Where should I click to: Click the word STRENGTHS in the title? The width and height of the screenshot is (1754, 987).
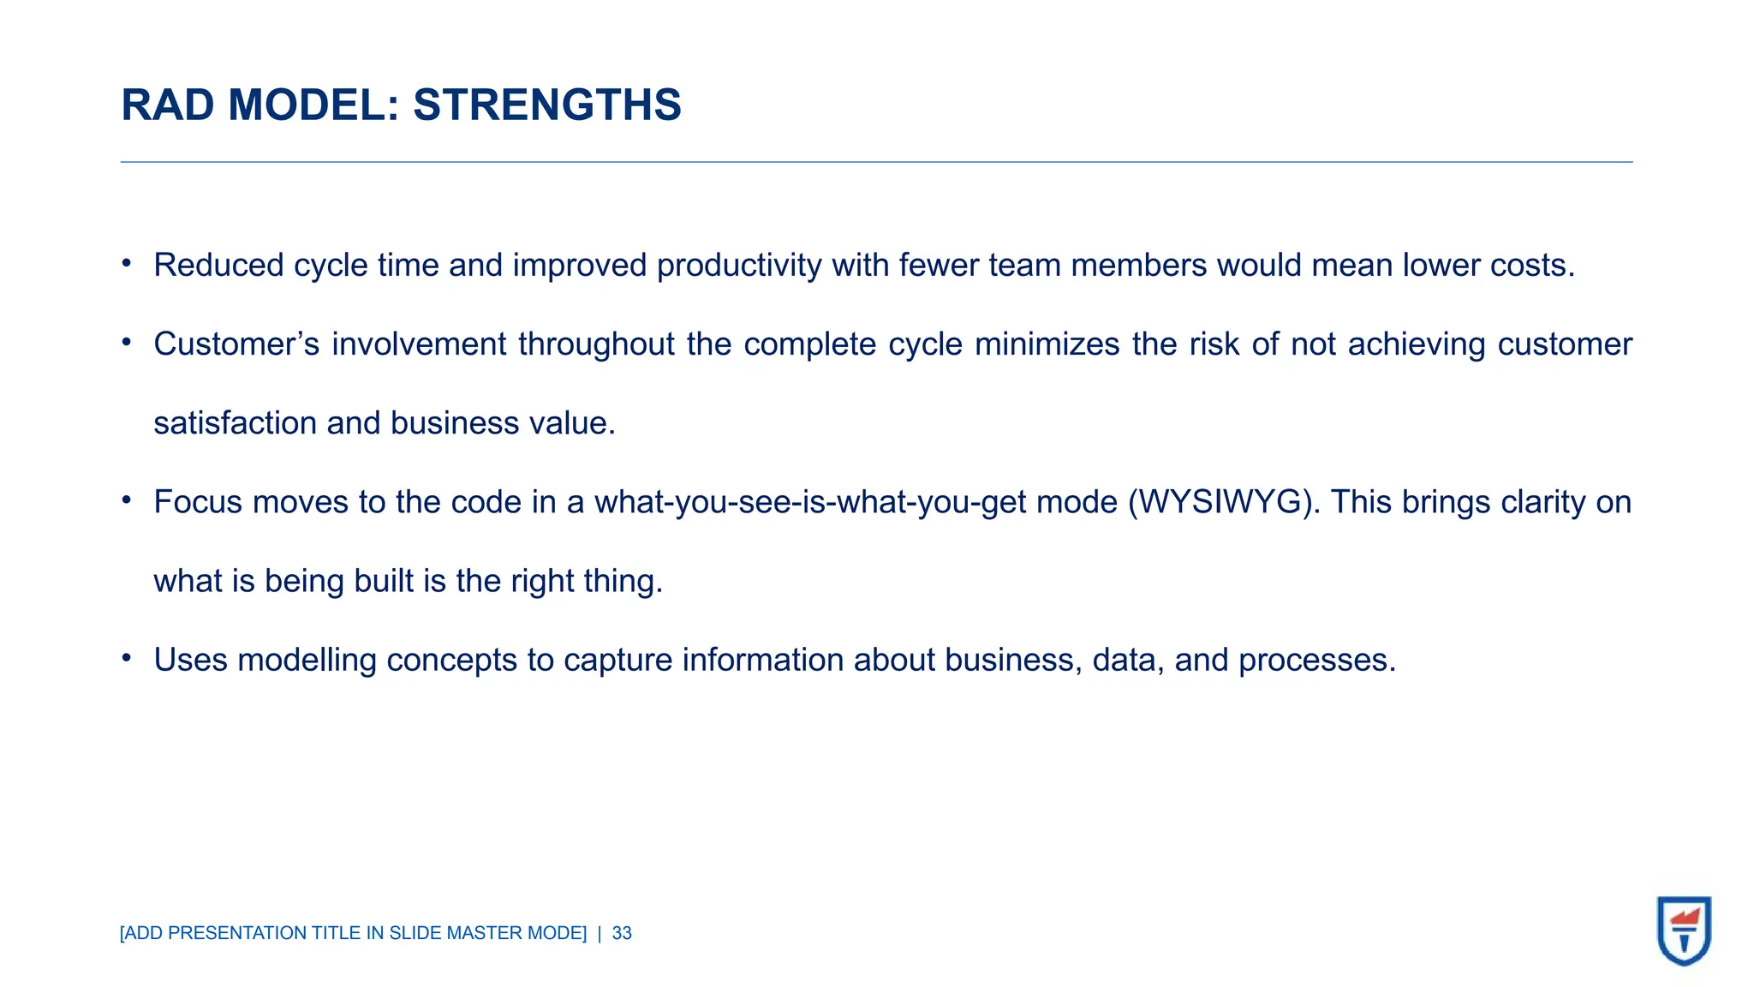point(546,105)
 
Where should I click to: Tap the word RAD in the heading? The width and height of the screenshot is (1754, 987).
point(168,105)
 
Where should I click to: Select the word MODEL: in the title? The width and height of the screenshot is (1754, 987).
point(314,105)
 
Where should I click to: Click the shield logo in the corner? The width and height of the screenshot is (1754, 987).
point(1684,930)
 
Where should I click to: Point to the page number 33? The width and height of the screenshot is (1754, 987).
point(622,933)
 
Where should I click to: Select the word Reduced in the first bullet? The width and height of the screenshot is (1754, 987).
point(218,266)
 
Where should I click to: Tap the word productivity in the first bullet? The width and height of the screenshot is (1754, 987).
point(739,266)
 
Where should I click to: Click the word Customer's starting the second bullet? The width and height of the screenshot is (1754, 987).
point(236,344)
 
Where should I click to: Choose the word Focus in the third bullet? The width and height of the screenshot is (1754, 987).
point(198,502)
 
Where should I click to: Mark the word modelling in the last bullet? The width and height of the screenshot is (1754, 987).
point(307,660)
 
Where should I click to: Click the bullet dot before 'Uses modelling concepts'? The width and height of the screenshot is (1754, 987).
point(127,658)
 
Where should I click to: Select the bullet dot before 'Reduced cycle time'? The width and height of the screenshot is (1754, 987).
point(127,263)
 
